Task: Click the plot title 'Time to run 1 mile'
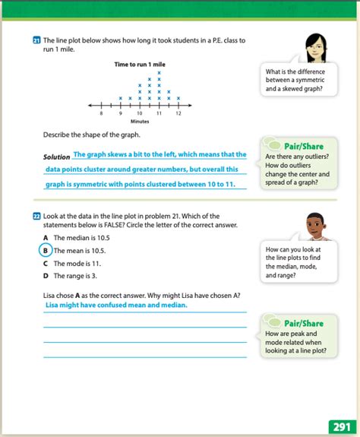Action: [139, 65]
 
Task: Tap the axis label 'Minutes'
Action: [140, 121]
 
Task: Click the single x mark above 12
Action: [178, 98]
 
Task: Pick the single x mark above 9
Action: [121, 98]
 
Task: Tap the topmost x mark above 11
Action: [159, 73]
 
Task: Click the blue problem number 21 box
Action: [37, 40]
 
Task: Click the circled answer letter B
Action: [46, 250]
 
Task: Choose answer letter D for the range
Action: [46, 276]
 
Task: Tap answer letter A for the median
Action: [46, 237]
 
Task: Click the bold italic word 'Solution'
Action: [57, 157]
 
